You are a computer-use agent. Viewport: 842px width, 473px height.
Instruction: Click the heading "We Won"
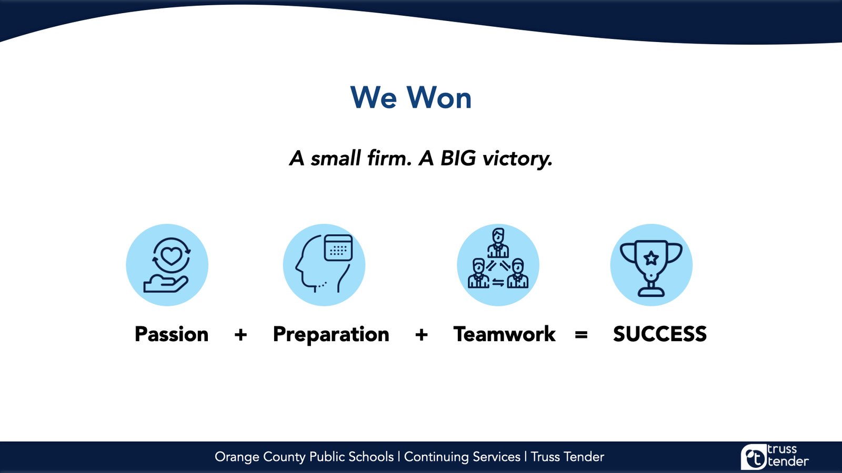pos(411,98)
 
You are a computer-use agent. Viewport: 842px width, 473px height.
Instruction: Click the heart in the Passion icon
pos(172,256)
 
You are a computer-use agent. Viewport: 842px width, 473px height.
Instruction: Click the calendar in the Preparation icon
pos(338,248)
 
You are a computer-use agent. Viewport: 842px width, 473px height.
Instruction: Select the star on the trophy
pos(651,258)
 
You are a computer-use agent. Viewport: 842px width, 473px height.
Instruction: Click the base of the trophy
pos(651,291)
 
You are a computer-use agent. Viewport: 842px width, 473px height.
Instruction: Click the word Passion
pos(172,334)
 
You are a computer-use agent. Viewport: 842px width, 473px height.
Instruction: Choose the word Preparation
pos(331,334)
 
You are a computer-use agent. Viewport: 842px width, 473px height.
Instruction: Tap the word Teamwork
pos(505,334)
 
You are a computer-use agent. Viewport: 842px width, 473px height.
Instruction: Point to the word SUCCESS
pos(660,334)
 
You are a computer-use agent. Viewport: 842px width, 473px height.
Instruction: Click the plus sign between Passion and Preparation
pos(240,334)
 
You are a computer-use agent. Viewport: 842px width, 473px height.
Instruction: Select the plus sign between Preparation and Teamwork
pos(422,334)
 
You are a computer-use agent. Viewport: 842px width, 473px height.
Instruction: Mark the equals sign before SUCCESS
pos(581,334)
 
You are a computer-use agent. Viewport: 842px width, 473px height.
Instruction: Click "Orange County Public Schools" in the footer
pos(304,457)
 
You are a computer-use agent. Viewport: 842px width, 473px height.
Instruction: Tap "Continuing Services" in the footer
pos(463,457)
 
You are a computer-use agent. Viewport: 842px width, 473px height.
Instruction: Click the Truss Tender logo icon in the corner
pos(753,457)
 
